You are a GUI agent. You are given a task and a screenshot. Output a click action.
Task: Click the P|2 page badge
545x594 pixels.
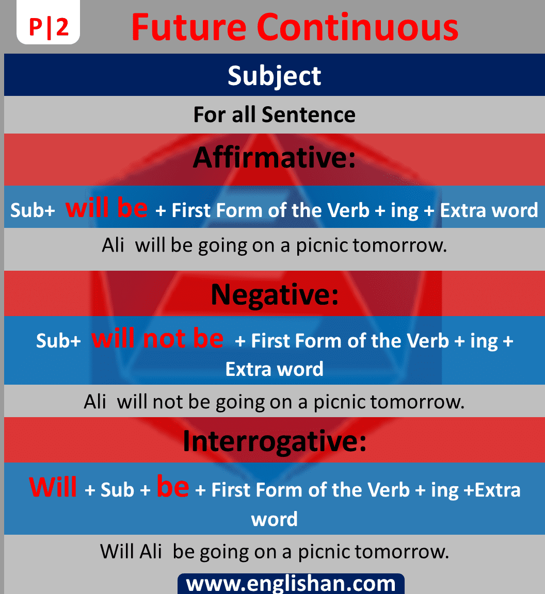49,27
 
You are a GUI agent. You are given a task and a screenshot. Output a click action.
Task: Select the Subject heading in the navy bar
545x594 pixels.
274,76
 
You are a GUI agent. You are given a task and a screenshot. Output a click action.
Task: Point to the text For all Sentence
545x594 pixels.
274,114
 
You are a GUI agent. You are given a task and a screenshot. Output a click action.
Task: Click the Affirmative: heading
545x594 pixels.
274,158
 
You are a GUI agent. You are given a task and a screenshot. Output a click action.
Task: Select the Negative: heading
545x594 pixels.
274,295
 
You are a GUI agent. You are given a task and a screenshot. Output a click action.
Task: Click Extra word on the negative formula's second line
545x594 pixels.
274,369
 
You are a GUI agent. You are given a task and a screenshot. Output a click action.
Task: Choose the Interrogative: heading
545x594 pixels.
274,441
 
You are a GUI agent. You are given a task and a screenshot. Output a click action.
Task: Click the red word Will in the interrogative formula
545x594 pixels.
53,487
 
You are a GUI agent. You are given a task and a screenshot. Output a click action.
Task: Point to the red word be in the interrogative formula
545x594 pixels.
172,487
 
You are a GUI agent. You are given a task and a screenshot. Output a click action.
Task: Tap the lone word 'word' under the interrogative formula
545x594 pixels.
274,519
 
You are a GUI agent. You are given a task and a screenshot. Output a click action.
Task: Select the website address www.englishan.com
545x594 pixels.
291,584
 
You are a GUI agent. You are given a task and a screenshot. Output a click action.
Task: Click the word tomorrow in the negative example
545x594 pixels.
416,402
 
